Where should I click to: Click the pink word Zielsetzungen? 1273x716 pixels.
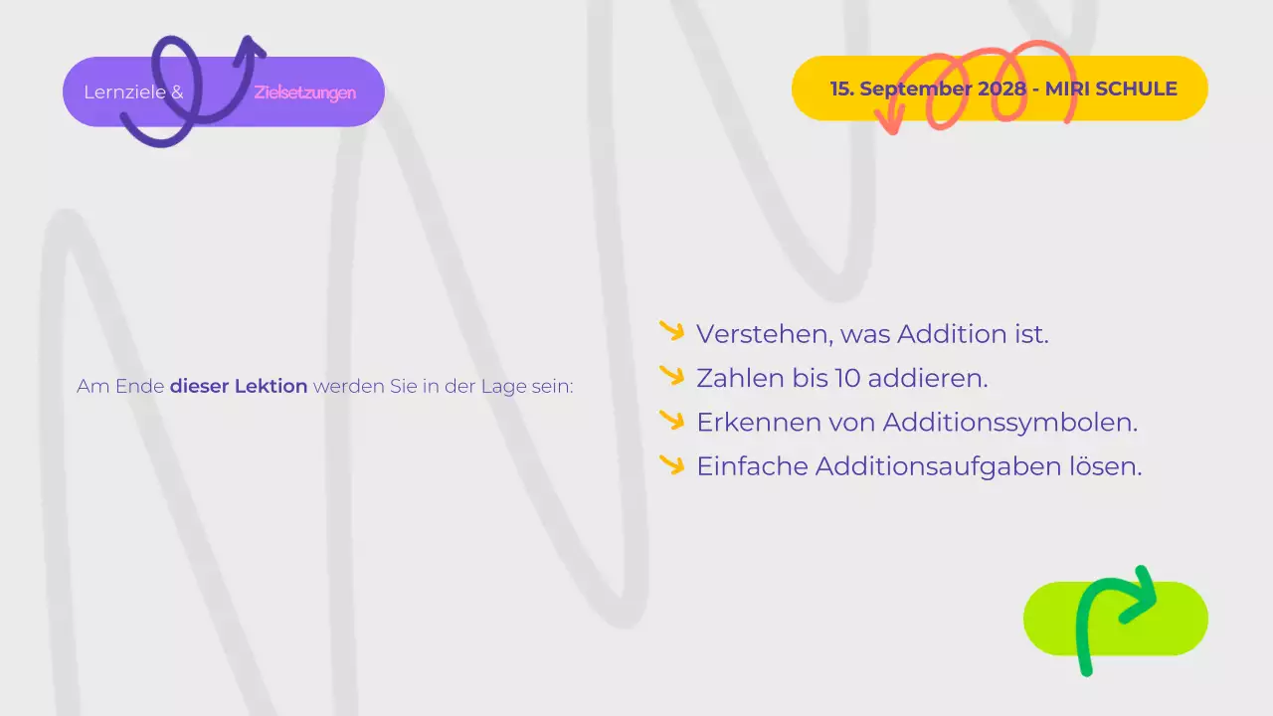[x=304, y=92]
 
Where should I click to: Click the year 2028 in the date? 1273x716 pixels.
[x=1001, y=89]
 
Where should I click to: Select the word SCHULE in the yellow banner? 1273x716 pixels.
[x=1136, y=89]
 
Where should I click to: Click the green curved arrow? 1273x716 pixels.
[x=1114, y=617]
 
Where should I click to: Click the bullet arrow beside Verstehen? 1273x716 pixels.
[x=672, y=331]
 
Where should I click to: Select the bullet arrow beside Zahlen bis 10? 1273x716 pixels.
[x=672, y=376]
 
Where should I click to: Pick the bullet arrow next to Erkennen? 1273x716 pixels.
[x=672, y=420]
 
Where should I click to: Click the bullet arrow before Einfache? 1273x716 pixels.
[x=672, y=463]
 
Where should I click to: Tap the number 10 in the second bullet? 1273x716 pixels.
[x=850, y=378]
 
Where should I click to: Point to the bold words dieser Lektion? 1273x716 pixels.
[x=239, y=386]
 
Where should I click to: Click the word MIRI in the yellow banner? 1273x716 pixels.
[x=1067, y=89]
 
